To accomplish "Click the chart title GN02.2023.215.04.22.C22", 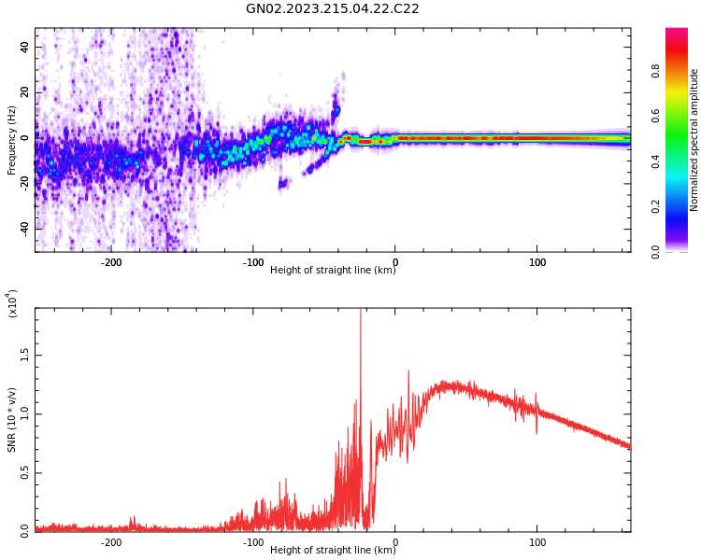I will pyautogui.click(x=332, y=9).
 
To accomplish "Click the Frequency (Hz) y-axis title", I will pyautogui.click(x=12, y=140).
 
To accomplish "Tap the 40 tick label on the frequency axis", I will pyautogui.click(x=25, y=46).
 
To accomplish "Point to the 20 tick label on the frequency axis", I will pyautogui.click(x=25, y=91).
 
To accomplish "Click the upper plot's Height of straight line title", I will pyautogui.click(x=333, y=271).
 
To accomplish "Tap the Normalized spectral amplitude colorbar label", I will pyautogui.click(x=694, y=140).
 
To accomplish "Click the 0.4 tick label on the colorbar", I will pyautogui.click(x=682, y=161).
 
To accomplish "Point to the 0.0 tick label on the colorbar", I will pyautogui.click(x=682, y=251).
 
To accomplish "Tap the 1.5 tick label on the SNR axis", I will pyautogui.click(x=24, y=356).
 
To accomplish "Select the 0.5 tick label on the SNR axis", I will pyautogui.click(x=24, y=472).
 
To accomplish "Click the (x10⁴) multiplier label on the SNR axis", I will pyautogui.click(x=12, y=304).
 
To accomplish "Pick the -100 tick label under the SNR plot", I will pyautogui.click(x=252, y=542).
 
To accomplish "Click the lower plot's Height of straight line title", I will pyautogui.click(x=333, y=550).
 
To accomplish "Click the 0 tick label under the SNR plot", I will pyautogui.click(x=394, y=542).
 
